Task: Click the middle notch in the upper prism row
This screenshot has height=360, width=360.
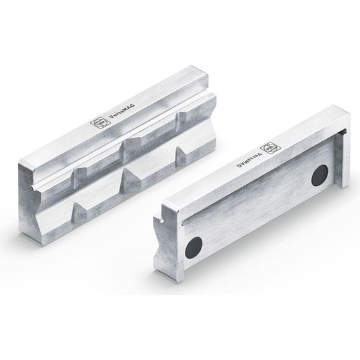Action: (134, 143)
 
